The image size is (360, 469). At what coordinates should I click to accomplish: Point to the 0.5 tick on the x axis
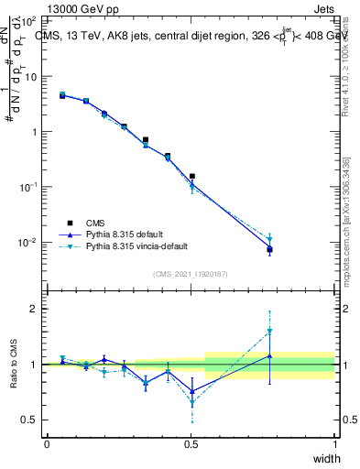[x=191, y=444]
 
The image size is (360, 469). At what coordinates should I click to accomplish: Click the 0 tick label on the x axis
[x=47, y=444]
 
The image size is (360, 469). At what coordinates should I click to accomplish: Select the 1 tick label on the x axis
[x=335, y=444]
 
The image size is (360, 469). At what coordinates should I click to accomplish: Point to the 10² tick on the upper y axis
[x=31, y=20]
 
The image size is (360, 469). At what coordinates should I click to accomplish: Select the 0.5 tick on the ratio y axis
[x=33, y=420]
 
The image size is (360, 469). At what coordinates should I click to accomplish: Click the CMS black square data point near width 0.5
[x=192, y=176]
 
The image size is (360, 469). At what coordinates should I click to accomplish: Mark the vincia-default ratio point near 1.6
[x=269, y=332]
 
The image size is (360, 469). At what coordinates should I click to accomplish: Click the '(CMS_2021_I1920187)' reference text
[x=191, y=273]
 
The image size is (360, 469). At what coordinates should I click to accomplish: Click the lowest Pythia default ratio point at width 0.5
[x=192, y=391]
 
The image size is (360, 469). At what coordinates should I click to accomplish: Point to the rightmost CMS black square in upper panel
[x=269, y=249]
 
